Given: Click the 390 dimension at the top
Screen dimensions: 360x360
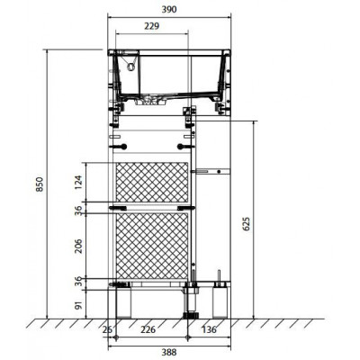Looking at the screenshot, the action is click(169, 10).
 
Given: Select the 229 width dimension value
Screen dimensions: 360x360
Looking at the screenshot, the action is click(151, 26).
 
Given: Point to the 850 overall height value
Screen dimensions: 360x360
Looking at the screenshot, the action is click(40, 184).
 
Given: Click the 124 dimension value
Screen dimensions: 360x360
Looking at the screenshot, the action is click(78, 183).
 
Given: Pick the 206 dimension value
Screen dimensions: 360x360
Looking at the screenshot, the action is click(78, 246).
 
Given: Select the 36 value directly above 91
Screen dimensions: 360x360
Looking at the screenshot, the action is click(78, 281).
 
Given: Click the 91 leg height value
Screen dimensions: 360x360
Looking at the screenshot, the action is click(78, 305).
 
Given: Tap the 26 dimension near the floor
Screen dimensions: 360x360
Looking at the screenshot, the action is click(107, 329).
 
